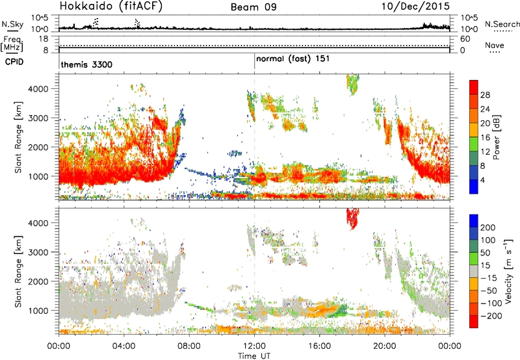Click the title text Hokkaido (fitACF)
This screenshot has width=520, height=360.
tap(111, 6)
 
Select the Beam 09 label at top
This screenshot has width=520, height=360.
tap(253, 7)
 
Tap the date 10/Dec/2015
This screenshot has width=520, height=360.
tap(415, 6)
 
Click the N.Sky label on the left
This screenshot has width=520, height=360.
tap(12, 24)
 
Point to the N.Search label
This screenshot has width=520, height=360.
tap(502, 24)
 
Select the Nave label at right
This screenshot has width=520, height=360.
tap(495, 45)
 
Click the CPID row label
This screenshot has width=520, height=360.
tap(14, 62)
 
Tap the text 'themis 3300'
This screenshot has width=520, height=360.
tap(86, 64)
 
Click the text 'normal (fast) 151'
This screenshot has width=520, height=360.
tap(293, 59)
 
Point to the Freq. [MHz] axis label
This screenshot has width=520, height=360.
tap(12, 44)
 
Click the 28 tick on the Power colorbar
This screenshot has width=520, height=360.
tap(485, 95)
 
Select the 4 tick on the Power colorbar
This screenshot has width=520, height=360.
tap(482, 180)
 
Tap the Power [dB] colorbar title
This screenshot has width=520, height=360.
tap(496, 137)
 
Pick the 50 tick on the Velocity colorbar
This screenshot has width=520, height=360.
tap(485, 253)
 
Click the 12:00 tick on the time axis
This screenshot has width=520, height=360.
tap(254, 346)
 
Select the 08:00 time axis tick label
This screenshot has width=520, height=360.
tap(189, 346)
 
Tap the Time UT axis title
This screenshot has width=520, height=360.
tap(254, 356)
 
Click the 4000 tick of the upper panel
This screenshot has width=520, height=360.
tap(39, 89)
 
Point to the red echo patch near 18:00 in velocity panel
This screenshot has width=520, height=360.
tap(352, 218)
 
